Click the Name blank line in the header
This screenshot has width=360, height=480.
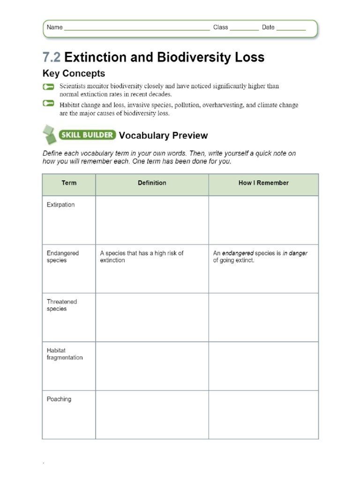tap(136, 28)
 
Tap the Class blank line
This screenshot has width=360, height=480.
tap(244, 28)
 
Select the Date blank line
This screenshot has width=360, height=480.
tap(291, 28)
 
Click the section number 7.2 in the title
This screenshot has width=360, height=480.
tap(52, 58)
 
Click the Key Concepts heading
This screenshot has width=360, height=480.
tap(74, 74)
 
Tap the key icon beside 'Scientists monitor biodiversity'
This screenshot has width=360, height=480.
tap(48, 87)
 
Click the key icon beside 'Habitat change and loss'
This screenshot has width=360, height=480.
tap(48, 104)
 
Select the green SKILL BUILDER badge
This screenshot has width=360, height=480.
tap(87, 135)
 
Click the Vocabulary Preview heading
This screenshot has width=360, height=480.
tap(163, 135)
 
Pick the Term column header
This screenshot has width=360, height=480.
tap(69, 183)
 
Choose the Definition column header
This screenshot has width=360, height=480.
tap(152, 183)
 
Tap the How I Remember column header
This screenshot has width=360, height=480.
tap(263, 183)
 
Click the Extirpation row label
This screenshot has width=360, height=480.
tap(60, 205)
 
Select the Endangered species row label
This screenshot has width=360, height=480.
tap(62, 256)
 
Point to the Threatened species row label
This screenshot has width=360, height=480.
tap(61, 305)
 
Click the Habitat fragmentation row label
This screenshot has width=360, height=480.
tap(64, 354)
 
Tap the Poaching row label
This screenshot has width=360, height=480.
tap(59, 399)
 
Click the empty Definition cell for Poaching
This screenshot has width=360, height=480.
tap(152, 415)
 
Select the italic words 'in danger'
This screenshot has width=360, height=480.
tap(295, 253)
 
